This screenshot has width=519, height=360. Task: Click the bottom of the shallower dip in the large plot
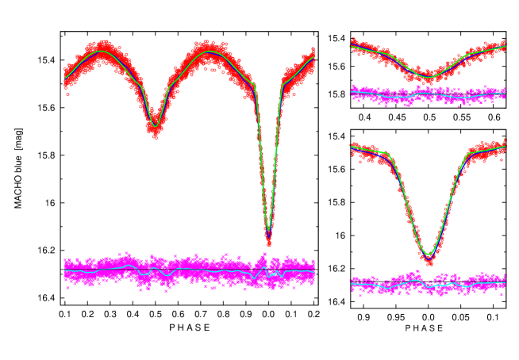(156, 125)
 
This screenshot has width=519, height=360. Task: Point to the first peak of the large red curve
(102, 52)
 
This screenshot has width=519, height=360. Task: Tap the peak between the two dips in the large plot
(209, 52)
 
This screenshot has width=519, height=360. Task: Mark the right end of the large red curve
(313, 58)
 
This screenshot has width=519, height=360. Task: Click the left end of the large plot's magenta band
(65, 270)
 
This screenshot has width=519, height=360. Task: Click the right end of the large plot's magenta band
(314, 270)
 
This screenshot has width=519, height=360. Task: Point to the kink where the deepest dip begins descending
(253, 83)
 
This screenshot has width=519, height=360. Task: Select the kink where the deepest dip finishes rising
(282, 83)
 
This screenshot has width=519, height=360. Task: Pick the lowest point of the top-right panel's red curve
(427, 77)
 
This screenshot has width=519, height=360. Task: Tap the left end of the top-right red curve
(352, 46)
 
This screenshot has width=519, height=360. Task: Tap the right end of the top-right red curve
(505, 47)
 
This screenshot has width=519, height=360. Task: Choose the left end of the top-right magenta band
(352, 93)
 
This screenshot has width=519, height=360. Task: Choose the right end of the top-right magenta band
(505, 94)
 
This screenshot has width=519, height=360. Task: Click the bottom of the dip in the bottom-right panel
(429, 255)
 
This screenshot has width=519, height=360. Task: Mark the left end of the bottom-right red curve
(352, 147)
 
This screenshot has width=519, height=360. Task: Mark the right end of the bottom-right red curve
(505, 147)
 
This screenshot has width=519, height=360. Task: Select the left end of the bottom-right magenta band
(352, 283)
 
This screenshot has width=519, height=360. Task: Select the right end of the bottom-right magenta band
(505, 281)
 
